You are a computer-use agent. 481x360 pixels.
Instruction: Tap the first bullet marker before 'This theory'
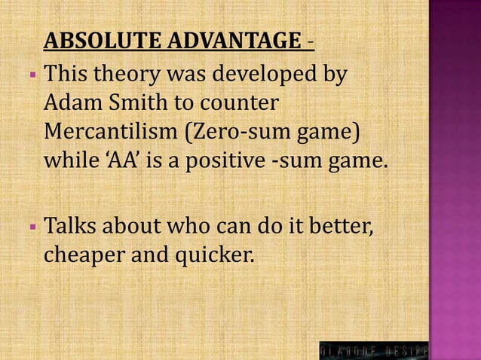(34, 75)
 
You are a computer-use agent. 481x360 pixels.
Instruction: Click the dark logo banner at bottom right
(374, 349)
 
